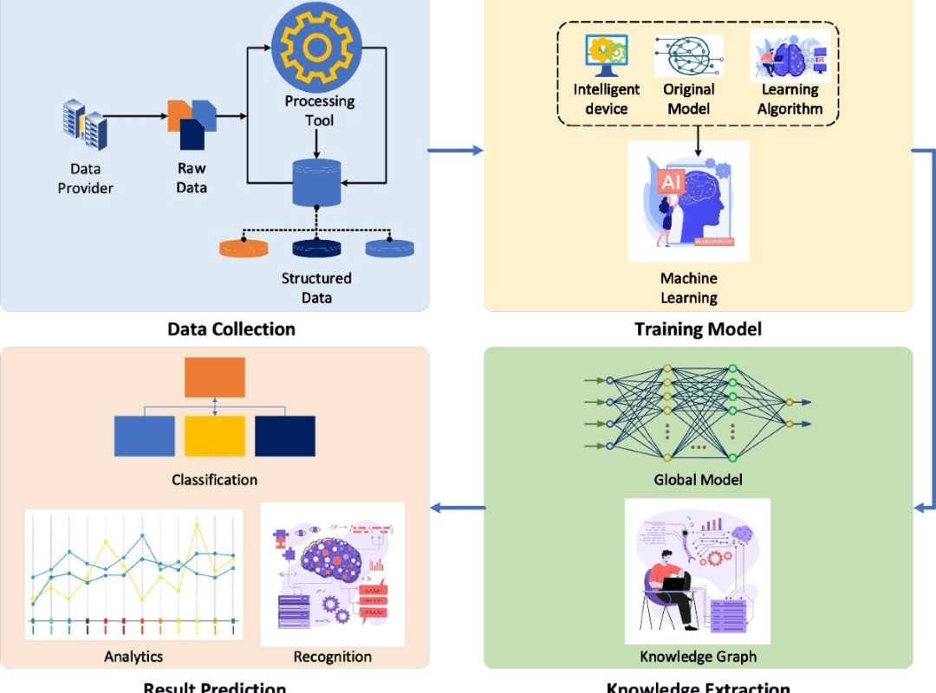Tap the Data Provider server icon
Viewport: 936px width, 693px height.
85,125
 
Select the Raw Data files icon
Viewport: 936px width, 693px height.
191,124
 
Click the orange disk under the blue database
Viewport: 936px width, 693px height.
244,248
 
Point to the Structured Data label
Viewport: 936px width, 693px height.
316,288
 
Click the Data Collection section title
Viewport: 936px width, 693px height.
231,329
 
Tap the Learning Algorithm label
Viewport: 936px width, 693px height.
790,99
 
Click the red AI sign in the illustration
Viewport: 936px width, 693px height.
670,182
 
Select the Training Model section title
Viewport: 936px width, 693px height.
698,329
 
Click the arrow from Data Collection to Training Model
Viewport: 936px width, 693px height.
456,151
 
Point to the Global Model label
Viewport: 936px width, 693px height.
698,480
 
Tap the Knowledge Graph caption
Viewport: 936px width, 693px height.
698,656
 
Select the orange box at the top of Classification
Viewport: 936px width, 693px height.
215,377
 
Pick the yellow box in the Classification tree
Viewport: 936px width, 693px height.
214,436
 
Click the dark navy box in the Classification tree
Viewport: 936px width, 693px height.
285,436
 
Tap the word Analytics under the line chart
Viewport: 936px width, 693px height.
133,657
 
